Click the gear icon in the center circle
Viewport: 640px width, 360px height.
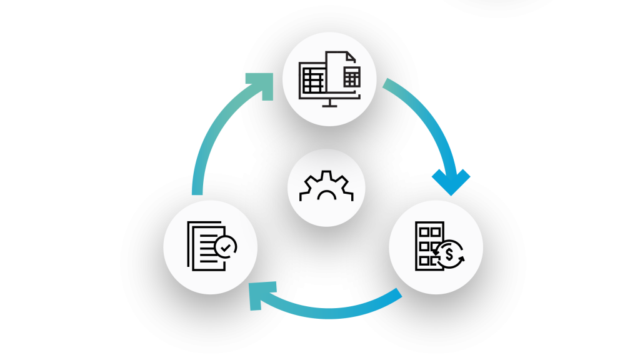tap(326, 187)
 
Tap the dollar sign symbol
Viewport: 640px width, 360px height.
tap(449, 254)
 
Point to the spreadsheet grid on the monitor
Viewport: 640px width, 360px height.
tap(312, 80)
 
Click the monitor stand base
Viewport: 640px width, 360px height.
tap(329, 105)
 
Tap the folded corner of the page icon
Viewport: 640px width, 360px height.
tap(351, 57)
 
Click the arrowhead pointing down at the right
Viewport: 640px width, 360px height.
tap(451, 182)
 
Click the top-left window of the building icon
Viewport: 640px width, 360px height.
tap(424, 232)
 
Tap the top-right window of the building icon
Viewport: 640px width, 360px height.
tap(436, 232)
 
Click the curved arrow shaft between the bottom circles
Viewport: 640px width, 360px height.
tap(331, 311)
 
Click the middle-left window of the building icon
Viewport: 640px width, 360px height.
tap(424, 246)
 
